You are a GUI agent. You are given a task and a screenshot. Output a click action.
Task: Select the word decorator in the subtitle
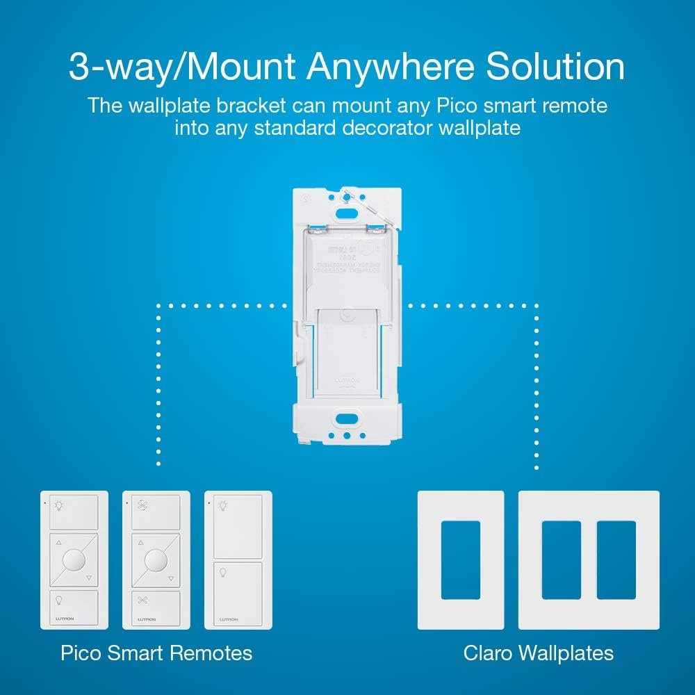(389, 129)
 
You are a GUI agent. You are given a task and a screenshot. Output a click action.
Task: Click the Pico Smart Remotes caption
(156, 653)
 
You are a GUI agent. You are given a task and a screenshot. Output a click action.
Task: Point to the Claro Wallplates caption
(539, 653)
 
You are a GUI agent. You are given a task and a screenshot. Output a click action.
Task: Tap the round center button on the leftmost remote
(74, 559)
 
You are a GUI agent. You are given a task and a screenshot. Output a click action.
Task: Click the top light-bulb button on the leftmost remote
(74, 512)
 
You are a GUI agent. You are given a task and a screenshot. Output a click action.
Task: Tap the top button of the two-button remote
(238, 522)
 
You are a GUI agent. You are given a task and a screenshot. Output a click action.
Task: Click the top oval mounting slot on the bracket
(346, 215)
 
